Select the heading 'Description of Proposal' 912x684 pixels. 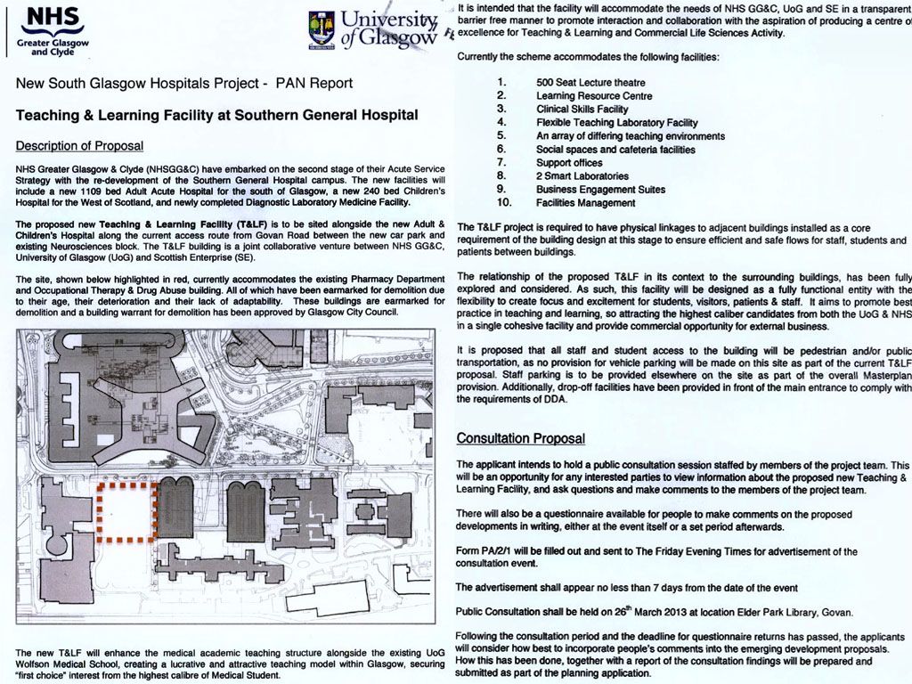coord(79,146)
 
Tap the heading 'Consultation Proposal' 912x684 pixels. coord(520,438)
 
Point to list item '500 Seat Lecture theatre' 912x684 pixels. coord(590,83)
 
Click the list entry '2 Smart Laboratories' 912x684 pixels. coord(582,176)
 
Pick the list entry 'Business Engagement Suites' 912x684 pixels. coord(600,190)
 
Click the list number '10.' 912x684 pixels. coord(501,203)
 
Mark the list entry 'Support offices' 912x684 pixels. coord(569,163)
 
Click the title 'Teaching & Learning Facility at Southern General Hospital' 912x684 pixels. coord(217,116)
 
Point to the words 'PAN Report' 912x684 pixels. coord(314,84)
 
